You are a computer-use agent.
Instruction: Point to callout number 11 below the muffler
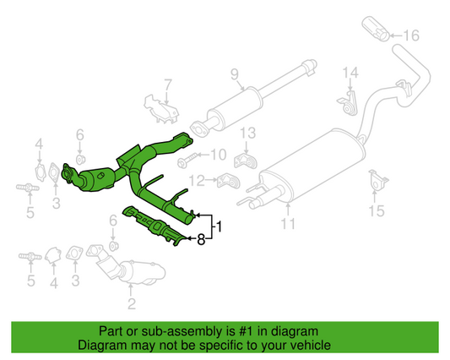tap(288, 225)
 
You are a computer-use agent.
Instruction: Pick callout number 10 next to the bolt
tap(218, 155)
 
